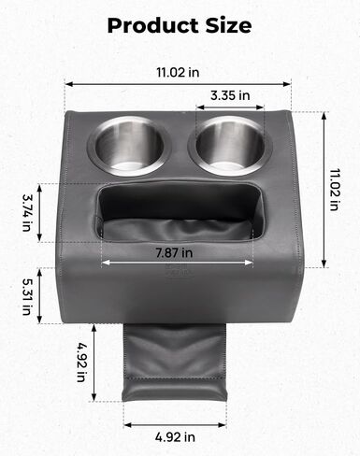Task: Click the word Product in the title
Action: click(x=153, y=25)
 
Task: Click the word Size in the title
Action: click(x=228, y=25)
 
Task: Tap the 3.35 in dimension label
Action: click(x=230, y=95)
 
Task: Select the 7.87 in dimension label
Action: click(x=174, y=252)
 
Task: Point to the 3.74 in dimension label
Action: click(x=27, y=213)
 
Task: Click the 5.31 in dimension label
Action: click(x=27, y=296)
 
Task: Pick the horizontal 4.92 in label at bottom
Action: click(x=175, y=437)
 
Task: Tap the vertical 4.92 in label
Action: click(x=81, y=363)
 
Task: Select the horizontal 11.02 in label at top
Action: click(x=178, y=72)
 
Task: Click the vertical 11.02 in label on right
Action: click(x=335, y=190)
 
